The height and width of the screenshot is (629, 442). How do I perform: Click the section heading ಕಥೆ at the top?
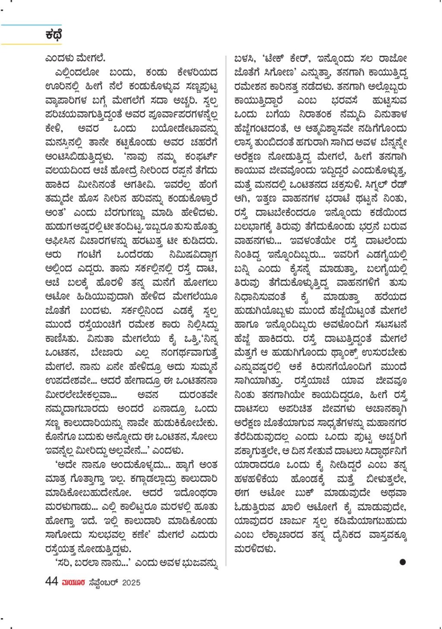pyautogui.click(x=54, y=35)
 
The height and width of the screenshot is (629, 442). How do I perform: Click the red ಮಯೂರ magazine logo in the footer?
pyautogui.click(x=73, y=582)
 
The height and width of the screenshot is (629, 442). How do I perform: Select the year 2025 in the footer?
pyautogui.click(x=131, y=582)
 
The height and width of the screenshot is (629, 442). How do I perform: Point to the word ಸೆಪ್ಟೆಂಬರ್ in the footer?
pyautogui.click(x=103, y=582)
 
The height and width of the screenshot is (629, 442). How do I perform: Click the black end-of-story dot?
pyautogui.click(x=402, y=562)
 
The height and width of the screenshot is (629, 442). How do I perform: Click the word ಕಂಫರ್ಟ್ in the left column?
pyautogui.click(x=202, y=157)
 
